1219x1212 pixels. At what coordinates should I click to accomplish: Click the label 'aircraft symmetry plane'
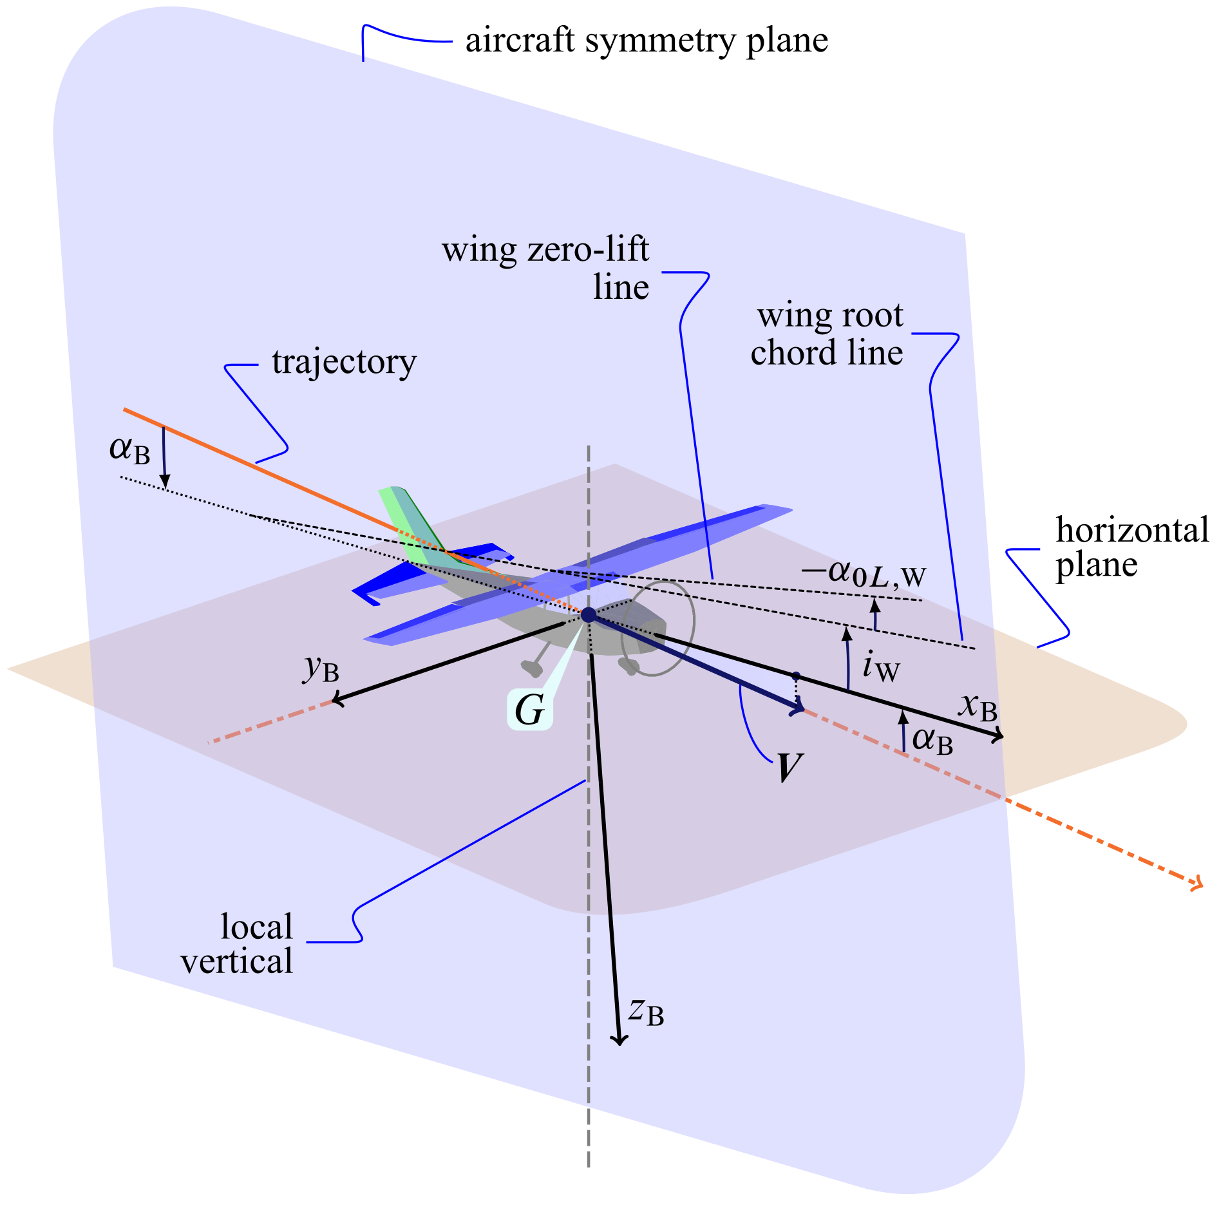(646, 41)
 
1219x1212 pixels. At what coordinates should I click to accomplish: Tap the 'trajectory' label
(344, 363)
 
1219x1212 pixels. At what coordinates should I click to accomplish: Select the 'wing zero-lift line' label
(546, 268)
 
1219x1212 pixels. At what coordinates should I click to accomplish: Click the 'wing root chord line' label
(827, 334)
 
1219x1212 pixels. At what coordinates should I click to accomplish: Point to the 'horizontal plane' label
(1131, 547)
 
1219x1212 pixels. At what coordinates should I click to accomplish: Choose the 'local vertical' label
(238, 944)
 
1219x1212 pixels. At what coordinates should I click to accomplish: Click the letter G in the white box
(529, 710)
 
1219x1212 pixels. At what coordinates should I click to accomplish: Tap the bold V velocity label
(789, 768)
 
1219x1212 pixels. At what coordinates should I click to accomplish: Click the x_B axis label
(978, 706)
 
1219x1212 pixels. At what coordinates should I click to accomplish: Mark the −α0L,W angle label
(864, 573)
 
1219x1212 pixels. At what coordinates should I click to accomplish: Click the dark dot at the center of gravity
(589, 615)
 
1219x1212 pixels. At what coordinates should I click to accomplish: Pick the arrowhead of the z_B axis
(619, 1039)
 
